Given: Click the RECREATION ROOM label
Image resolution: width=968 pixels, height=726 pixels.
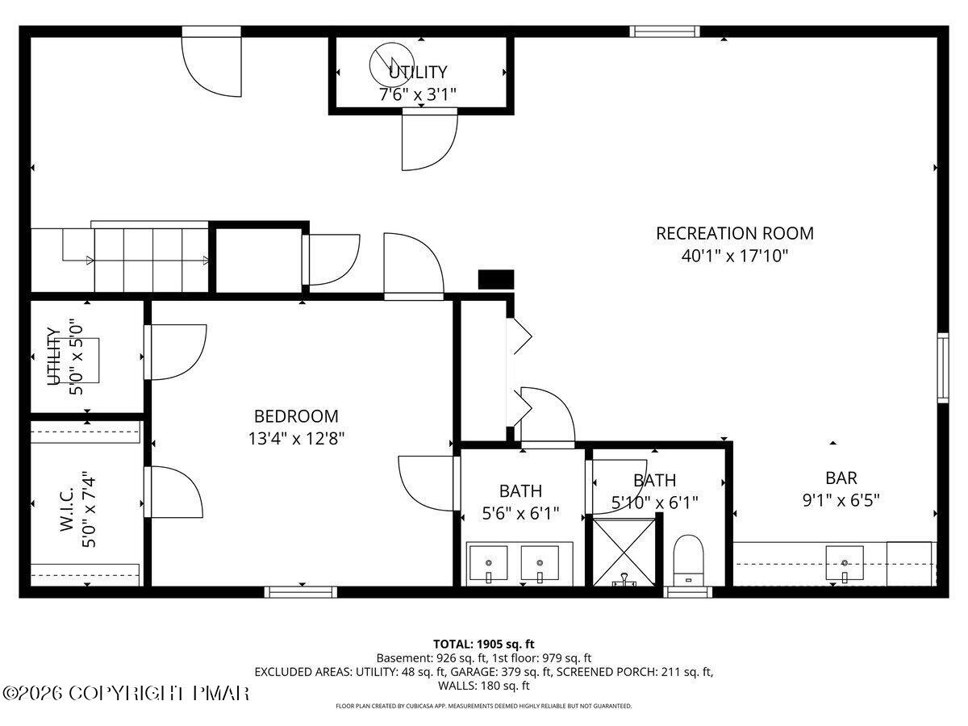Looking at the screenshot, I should tap(734, 233).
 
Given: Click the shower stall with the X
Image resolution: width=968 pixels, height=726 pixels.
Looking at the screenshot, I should tap(624, 552).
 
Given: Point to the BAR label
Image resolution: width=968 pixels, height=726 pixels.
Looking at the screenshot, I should tap(841, 478).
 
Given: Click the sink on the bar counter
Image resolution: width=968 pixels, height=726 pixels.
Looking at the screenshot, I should tap(844, 562).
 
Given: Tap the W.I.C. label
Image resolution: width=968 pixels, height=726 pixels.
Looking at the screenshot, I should tap(66, 504).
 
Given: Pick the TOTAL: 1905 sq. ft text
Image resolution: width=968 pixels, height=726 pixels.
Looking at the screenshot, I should tap(484, 644).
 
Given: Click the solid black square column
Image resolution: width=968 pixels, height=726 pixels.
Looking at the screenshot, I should tap(496, 279).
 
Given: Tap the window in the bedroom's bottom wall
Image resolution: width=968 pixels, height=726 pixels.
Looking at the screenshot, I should tap(301, 592).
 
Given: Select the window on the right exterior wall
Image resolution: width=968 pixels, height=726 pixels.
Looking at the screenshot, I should tap(941, 367).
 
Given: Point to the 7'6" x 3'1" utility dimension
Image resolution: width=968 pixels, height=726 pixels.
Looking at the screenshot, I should tap(418, 94).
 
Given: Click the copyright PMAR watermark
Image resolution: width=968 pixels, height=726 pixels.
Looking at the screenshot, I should tap(126, 693).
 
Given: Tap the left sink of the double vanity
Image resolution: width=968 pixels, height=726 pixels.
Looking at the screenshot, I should tap(489, 562).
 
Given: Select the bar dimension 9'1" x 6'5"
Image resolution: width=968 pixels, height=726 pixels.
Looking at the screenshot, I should tap(841, 499).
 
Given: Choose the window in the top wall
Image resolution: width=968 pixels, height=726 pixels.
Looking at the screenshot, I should tap(665, 31).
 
